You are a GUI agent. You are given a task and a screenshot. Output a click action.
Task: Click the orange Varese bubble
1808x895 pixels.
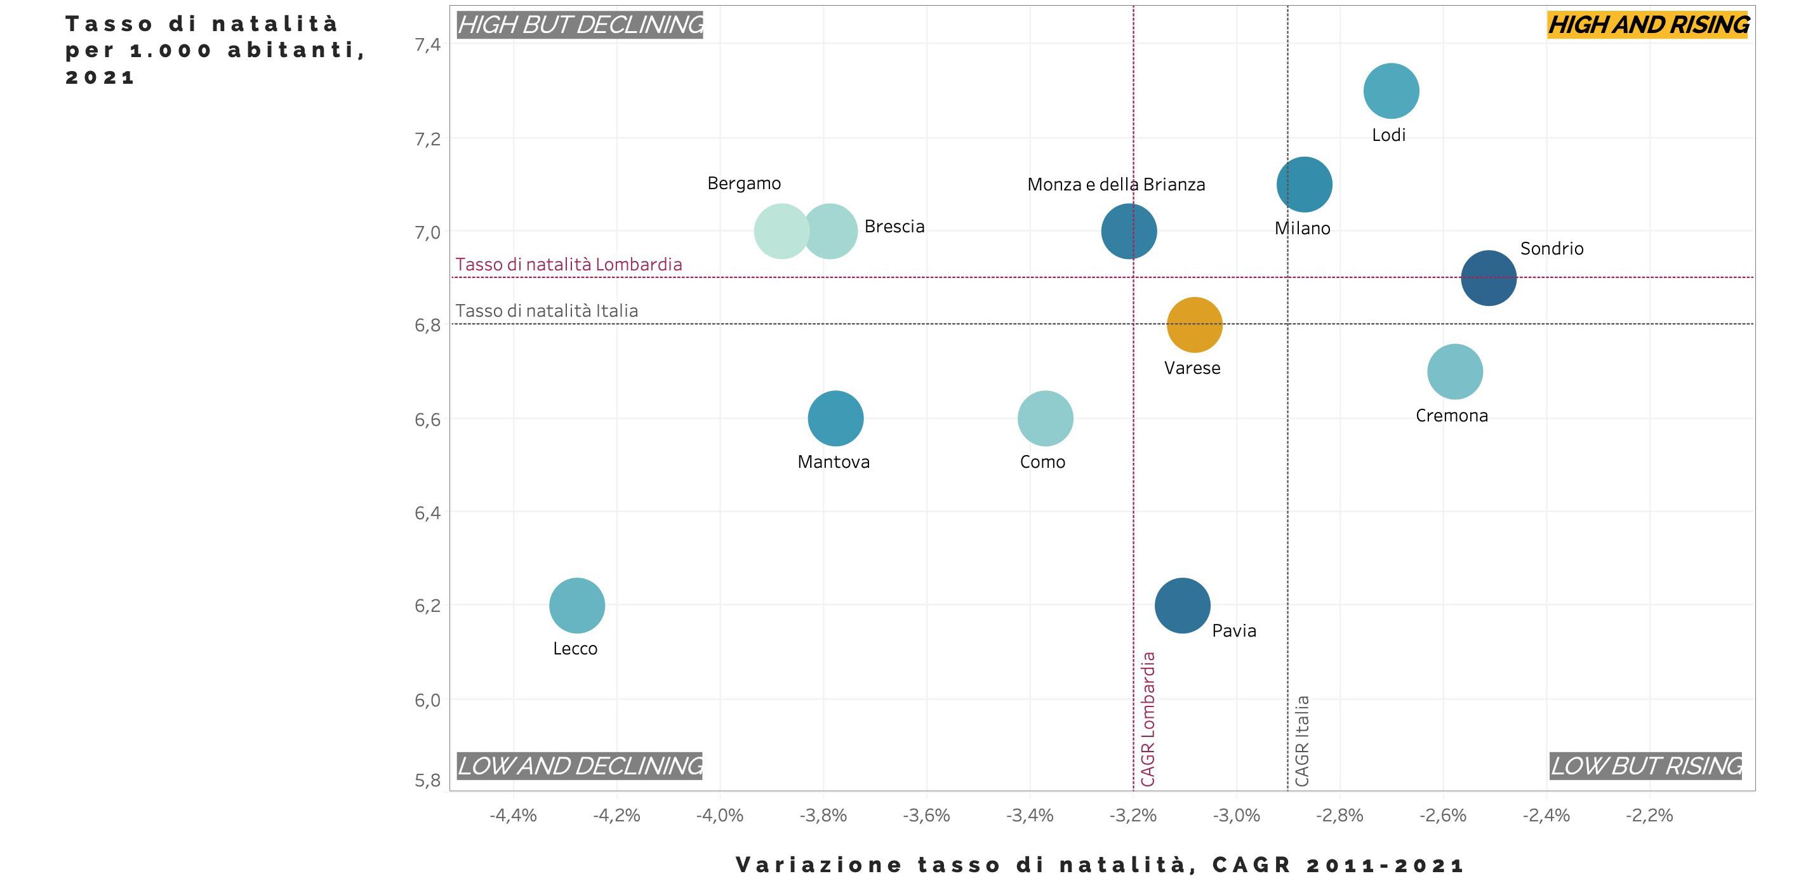(1195, 325)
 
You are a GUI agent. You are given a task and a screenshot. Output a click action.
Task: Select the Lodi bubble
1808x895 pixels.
(1391, 91)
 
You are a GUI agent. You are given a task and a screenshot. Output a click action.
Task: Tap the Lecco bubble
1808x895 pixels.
(577, 606)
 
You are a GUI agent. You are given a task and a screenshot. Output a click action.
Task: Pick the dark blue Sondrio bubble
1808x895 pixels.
(1489, 278)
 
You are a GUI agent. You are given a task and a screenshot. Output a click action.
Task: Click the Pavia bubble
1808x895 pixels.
(1183, 606)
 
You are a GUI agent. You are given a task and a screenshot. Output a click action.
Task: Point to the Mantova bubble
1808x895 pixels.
(835, 418)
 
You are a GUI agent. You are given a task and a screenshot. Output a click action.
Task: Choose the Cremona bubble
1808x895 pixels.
(1455, 372)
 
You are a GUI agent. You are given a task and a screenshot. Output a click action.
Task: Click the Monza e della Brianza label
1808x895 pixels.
(1116, 185)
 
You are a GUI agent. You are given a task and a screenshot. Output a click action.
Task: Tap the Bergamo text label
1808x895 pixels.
(744, 183)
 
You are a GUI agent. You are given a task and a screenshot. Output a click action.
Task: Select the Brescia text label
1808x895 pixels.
(894, 227)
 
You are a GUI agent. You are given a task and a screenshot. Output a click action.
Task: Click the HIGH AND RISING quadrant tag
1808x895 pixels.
(1648, 25)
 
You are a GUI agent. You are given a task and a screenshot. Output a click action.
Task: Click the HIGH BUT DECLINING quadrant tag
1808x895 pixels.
(580, 25)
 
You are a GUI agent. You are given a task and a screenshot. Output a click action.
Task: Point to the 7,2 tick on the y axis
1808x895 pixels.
(427, 139)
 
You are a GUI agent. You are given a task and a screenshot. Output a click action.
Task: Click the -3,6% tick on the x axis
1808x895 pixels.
(926, 816)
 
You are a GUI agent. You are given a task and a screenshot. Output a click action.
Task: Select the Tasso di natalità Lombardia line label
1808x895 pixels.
(569, 265)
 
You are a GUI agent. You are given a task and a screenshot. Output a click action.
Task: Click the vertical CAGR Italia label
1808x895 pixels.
(1302, 741)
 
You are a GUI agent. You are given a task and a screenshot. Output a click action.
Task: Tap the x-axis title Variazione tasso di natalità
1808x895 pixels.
(1100, 865)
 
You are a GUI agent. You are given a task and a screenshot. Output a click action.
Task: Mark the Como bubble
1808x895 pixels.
(1045, 418)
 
